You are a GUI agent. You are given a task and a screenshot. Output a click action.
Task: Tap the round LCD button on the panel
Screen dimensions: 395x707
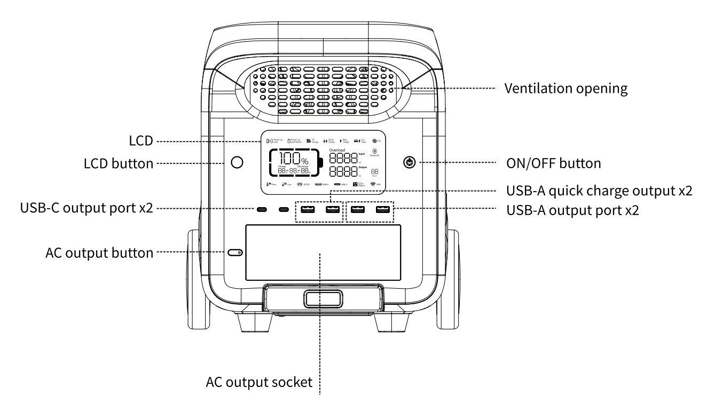pos(237,162)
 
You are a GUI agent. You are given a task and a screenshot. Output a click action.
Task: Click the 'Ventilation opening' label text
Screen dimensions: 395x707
pos(566,89)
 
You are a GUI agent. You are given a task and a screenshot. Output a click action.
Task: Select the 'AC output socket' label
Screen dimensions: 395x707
pos(258,383)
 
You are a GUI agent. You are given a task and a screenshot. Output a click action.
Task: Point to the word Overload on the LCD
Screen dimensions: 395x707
pos(337,151)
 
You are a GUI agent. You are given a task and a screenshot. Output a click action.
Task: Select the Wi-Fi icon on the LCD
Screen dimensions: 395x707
pos(372,184)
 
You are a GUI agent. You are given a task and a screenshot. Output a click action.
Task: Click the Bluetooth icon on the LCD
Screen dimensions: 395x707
pos(374,151)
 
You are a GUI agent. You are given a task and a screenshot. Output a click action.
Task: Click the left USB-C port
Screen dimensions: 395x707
pos(262,209)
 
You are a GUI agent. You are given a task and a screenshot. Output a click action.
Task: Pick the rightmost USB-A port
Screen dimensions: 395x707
pos(382,209)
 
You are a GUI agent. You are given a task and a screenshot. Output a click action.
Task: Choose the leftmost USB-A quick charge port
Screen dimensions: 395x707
pos(307,209)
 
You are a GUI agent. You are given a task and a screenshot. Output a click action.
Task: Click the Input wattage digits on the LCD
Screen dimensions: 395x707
pos(343,159)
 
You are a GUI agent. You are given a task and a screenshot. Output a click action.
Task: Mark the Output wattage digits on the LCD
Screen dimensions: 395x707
pos(343,172)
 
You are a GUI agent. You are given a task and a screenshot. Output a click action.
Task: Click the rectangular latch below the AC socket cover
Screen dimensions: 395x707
pos(319,298)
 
